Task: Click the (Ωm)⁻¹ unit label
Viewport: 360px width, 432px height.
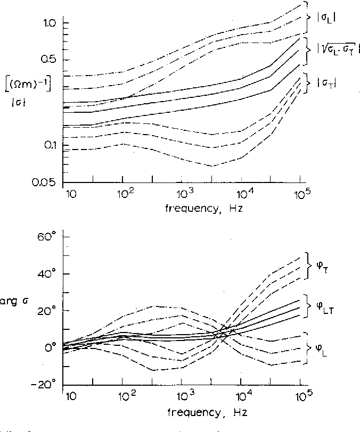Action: click(x=32, y=85)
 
